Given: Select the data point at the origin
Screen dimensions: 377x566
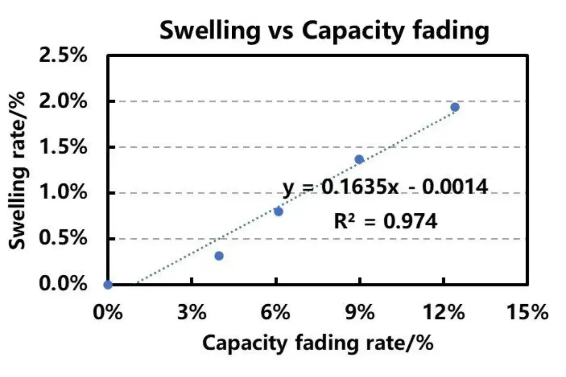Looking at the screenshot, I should tap(108, 285).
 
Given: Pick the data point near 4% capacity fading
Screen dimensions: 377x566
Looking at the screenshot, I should tap(219, 256).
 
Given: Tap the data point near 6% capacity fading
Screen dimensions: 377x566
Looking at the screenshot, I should tap(278, 211).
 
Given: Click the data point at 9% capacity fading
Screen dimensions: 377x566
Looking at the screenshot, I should tap(359, 159).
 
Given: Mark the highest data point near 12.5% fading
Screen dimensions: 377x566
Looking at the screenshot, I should tap(455, 107).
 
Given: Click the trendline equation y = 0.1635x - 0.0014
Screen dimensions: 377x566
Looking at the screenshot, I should tap(385, 187).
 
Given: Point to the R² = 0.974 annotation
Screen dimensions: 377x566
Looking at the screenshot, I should tap(385, 221).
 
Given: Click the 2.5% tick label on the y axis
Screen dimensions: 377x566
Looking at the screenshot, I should tap(63, 56).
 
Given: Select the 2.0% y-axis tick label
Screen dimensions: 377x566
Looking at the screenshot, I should tap(63, 101).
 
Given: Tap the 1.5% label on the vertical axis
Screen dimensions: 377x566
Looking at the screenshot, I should tap(63, 147).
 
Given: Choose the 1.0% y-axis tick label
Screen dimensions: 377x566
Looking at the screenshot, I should tap(63, 193).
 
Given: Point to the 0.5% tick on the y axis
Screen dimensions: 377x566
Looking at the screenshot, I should tap(63, 238).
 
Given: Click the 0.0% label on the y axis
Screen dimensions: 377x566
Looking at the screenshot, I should tap(63, 284).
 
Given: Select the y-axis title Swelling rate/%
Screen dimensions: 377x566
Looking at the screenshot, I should tap(17, 170).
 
